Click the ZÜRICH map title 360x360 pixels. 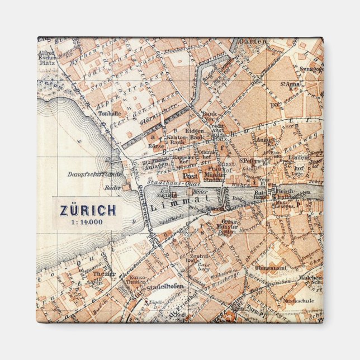(x=88, y=210)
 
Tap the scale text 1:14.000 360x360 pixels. (x=88, y=221)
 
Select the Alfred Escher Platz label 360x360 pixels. (x=47, y=55)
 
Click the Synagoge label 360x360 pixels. (x=312, y=69)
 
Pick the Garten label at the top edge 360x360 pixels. (x=249, y=41)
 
